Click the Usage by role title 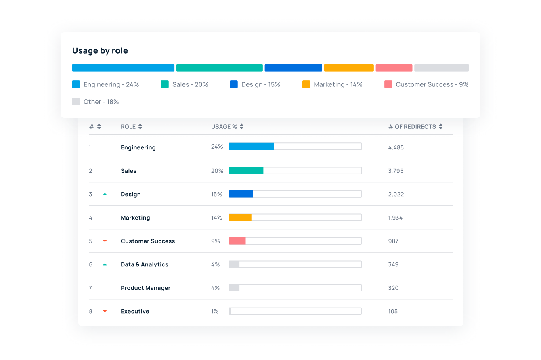tap(100, 51)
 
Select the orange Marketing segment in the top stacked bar tap(349, 68)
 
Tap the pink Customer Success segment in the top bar tap(394, 68)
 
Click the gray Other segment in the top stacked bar tap(441, 68)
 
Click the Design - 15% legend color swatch tap(234, 84)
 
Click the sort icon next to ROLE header tap(140, 126)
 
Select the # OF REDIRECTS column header tap(412, 127)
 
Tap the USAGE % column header tap(224, 127)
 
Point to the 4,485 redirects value tap(396, 147)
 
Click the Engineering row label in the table tap(138, 147)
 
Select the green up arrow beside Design tap(105, 194)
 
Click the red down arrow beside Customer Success tap(105, 241)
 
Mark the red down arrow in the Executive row tap(105, 311)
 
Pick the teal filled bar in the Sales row tap(246, 171)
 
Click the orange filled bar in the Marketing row tap(240, 218)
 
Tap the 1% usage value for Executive tap(215, 311)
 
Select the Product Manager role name tap(145, 288)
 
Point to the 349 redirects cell tap(393, 264)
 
